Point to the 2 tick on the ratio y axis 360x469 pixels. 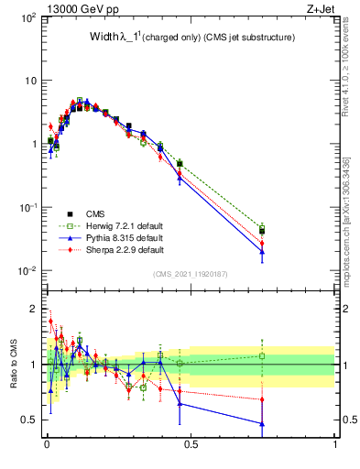(34, 309)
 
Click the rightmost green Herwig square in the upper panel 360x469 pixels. (262, 227)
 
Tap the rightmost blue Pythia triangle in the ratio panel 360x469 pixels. (262, 423)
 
